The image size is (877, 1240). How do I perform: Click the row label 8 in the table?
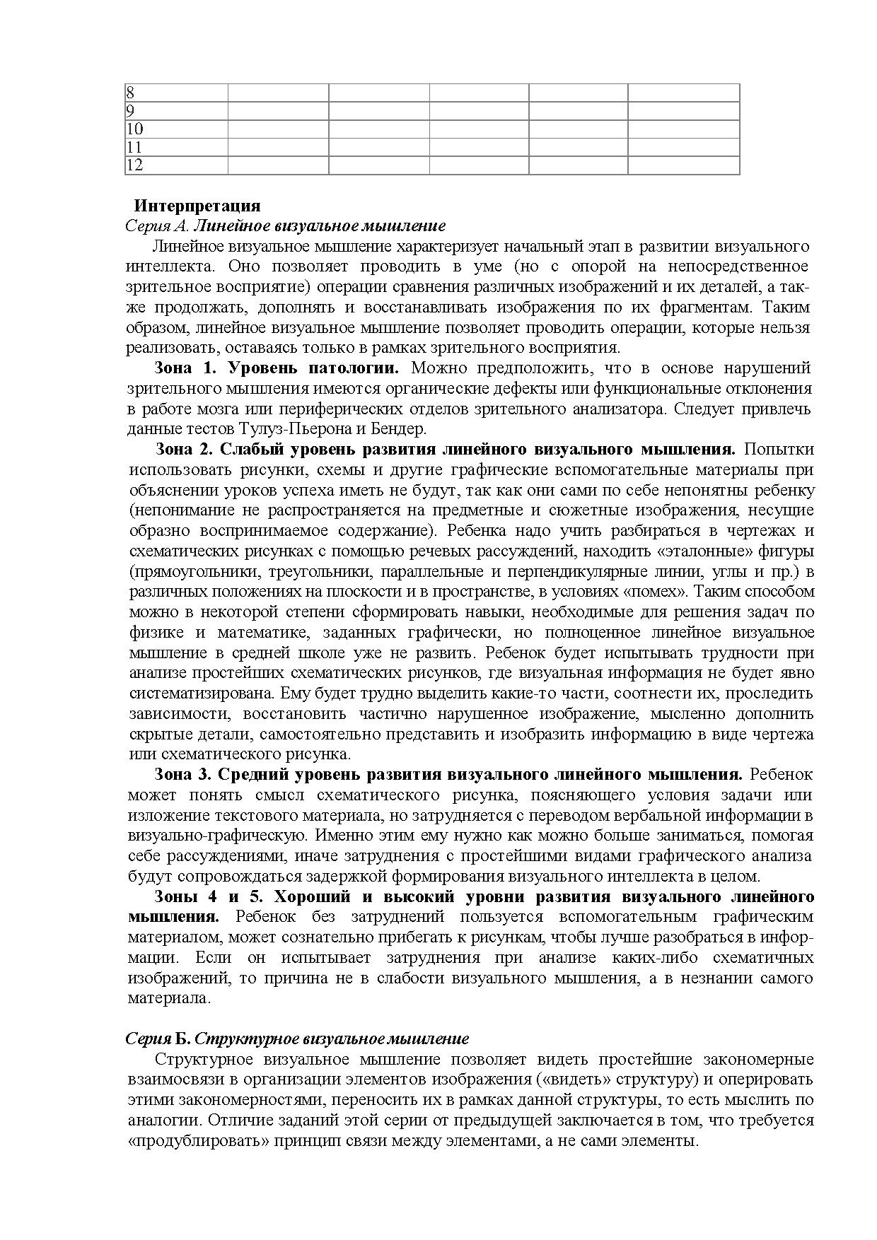pyautogui.click(x=131, y=93)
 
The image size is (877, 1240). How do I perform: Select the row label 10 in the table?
pyautogui.click(x=134, y=129)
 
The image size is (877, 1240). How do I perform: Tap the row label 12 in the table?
pyautogui.click(x=134, y=165)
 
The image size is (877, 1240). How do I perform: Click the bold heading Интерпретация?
pyautogui.click(x=197, y=206)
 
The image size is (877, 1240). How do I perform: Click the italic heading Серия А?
pyautogui.click(x=158, y=226)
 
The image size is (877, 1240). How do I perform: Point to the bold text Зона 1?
pyautogui.click(x=184, y=368)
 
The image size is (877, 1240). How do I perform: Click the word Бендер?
pyautogui.click(x=402, y=429)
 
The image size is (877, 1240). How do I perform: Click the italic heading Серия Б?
pyautogui.click(x=158, y=1039)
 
